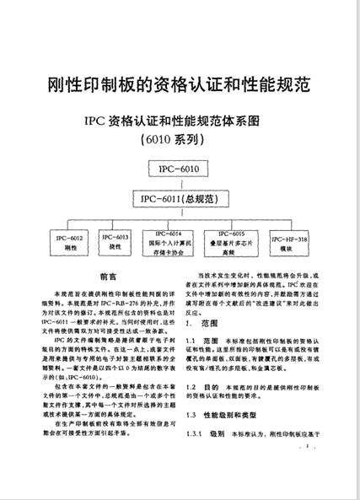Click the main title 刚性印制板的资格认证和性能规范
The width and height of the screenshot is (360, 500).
[179, 84]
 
